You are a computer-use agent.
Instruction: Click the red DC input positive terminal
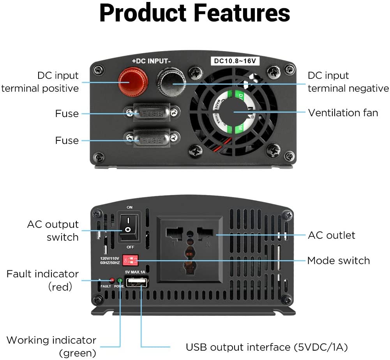click(133, 81)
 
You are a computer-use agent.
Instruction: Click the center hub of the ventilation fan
click(233, 112)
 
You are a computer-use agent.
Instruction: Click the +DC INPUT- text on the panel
click(152, 61)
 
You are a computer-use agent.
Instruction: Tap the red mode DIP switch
click(131, 260)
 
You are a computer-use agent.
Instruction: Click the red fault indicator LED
click(112, 280)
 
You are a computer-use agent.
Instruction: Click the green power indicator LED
click(120, 280)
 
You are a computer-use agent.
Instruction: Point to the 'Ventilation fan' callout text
click(343, 113)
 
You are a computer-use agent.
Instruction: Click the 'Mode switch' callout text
click(338, 260)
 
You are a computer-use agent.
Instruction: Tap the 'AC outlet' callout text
click(332, 235)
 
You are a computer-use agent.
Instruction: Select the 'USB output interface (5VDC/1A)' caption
click(266, 347)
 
